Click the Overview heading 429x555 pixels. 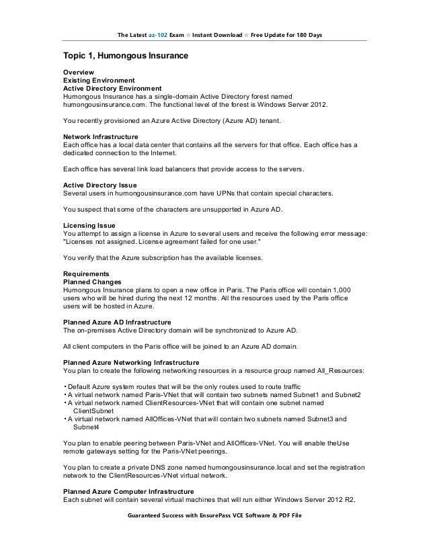tap(79, 73)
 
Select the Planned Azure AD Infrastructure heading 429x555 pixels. tap(117, 322)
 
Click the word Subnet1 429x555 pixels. tap(303, 394)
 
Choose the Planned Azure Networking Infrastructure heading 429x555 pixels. tap(130, 361)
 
